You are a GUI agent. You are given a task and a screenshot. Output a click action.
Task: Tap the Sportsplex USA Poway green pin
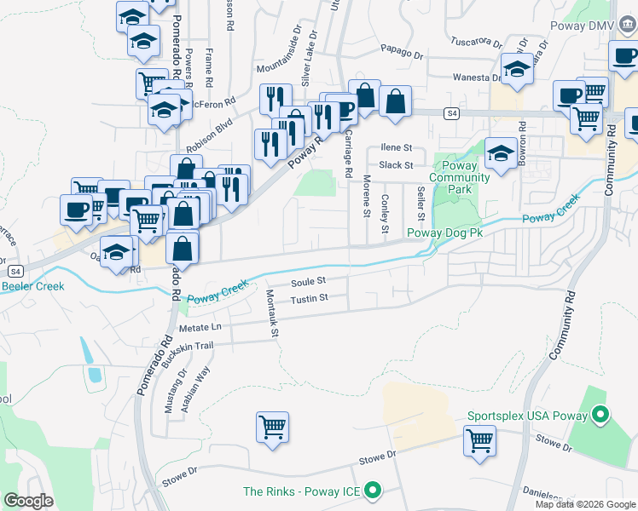coord(600,416)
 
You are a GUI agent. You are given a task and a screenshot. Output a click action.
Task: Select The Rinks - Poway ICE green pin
coord(372,491)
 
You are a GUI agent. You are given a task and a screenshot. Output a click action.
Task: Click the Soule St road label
coord(309,281)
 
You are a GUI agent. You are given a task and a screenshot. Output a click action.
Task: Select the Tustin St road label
coord(309,299)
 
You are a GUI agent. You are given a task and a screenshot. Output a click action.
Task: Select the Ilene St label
coord(396,147)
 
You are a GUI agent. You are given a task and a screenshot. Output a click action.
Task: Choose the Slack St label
coord(396,165)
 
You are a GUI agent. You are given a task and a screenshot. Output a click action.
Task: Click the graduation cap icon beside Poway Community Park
coord(501,154)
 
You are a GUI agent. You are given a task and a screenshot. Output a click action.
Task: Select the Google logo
coord(29,501)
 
